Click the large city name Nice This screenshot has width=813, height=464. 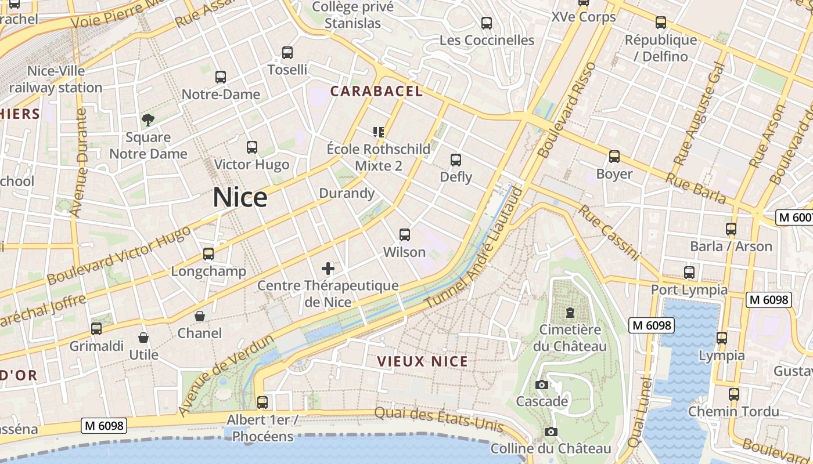[x=240, y=198]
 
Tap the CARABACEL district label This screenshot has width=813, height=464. [x=376, y=91]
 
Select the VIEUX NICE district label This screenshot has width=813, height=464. [x=422, y=361]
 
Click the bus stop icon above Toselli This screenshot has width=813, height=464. [x=287, y=53]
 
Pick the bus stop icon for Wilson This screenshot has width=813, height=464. [x=405, y=235]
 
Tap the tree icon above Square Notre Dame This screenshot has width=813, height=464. [x=148, y=120]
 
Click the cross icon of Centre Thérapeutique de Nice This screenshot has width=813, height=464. [x=328, y=268]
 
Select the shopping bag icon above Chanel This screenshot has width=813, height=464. [x=200, y=316]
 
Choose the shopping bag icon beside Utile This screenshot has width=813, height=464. [x=143, y=338]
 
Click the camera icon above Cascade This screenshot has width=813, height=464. [x=541, y=385]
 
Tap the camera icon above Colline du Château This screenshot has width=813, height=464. [x=551, y=432]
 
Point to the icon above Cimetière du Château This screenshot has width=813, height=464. [x=570, y=313]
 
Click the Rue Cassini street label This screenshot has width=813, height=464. [x=608, y=233]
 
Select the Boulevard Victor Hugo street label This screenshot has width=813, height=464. [x=118, y=255]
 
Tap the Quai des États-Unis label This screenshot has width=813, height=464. [x=438, y=419]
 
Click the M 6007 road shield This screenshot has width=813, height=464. [x=795, y=217]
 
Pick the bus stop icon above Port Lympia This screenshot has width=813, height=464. [x=689, y=272]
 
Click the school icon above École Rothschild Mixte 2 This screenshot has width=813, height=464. [x=379, y=132]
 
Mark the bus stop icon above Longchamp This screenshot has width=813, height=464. [x=208, y=253]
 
